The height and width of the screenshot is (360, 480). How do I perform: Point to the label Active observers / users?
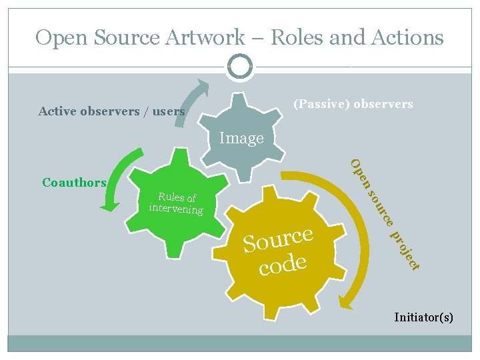tap(111, 111)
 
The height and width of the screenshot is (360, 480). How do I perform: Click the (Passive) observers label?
tap(353, 104)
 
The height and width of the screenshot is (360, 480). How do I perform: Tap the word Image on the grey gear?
tap(241, 138)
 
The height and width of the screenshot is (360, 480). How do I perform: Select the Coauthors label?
tap(74, 182)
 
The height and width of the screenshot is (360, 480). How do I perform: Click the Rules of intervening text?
tap(177, 203)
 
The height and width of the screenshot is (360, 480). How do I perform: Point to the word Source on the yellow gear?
tap(278, 239)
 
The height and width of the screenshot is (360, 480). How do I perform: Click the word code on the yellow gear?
tap(283, 265)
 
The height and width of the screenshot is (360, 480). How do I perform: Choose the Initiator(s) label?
tap(423, 317)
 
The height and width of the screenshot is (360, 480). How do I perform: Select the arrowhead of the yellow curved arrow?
tap(345, 304)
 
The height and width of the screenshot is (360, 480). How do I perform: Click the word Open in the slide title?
tap(61, 37)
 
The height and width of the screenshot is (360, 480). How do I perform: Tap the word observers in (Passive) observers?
tap(383, 104)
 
